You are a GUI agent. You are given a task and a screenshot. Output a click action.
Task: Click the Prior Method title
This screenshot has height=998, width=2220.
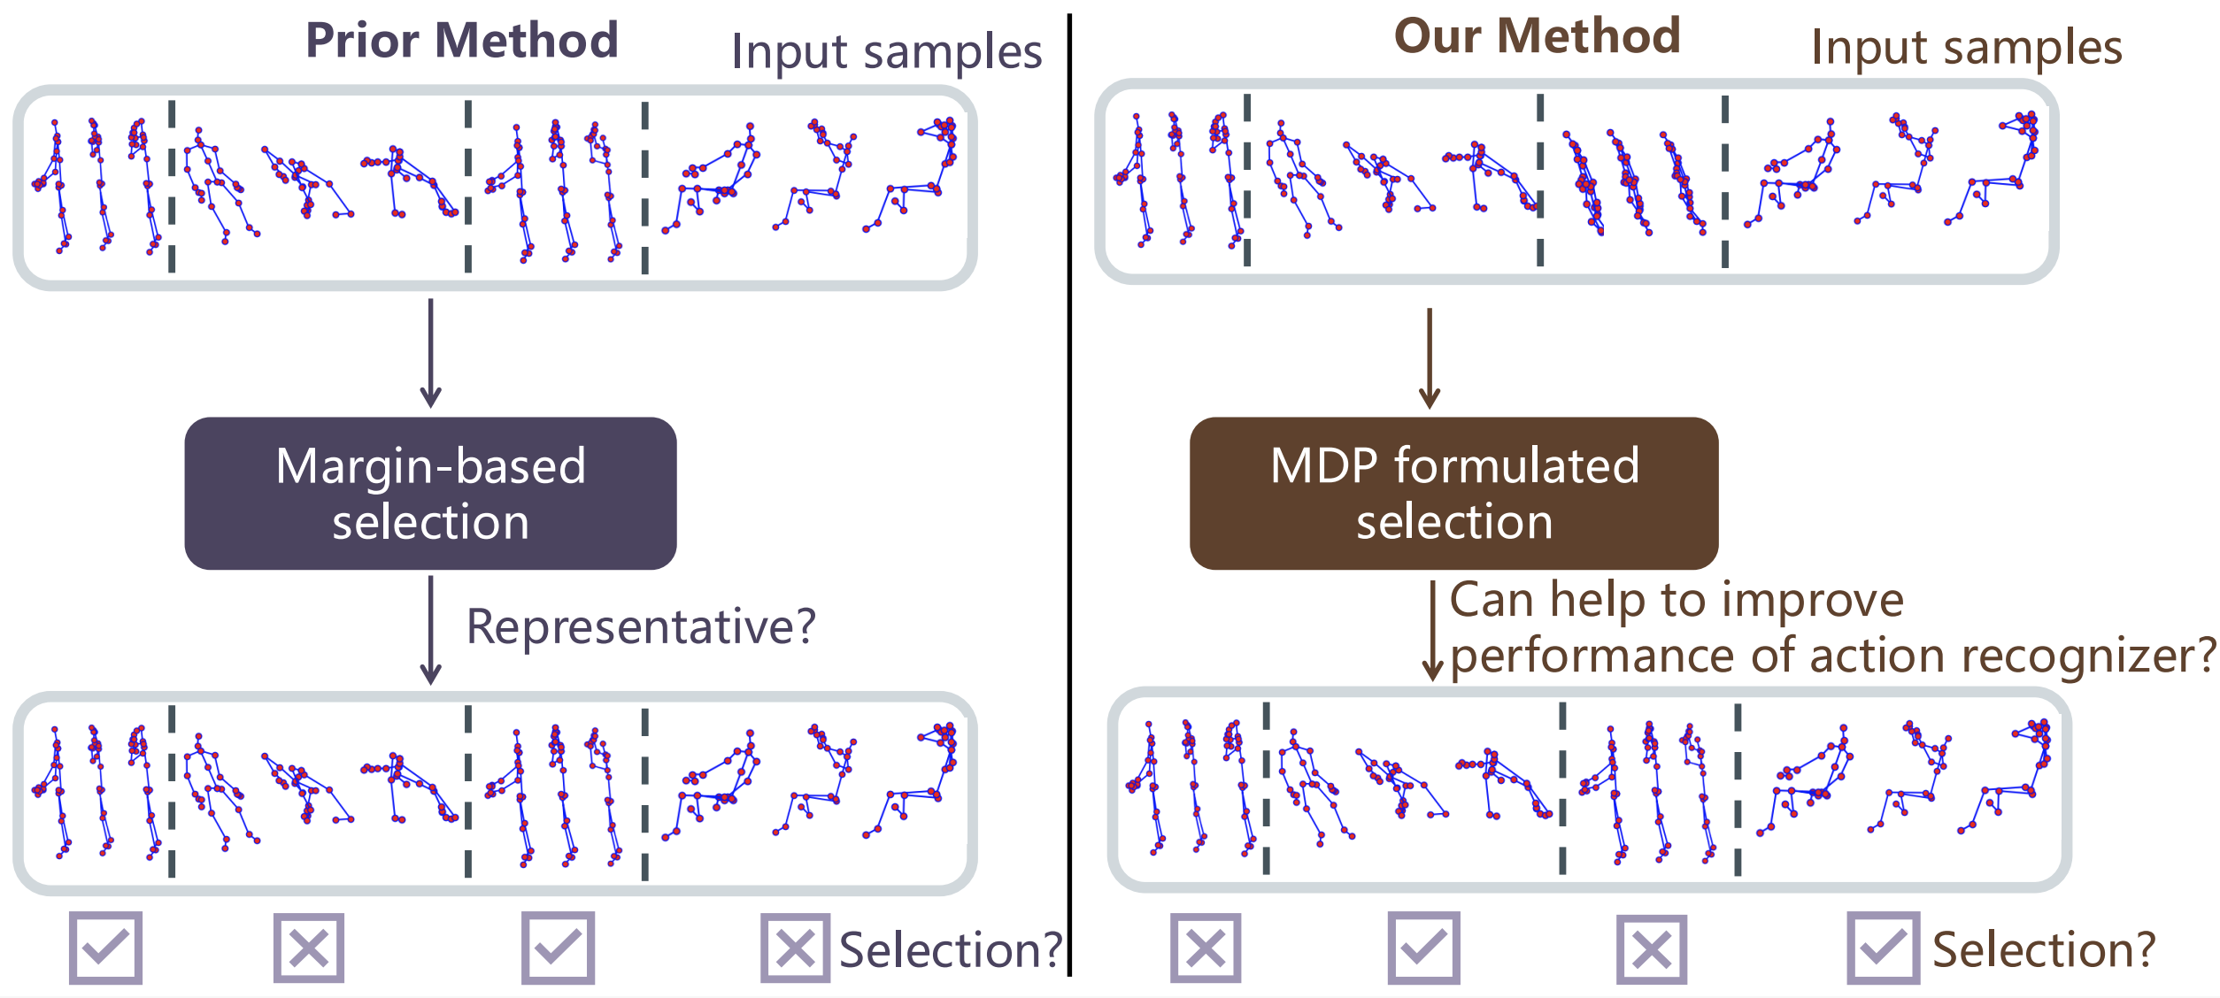(x=461, y=41)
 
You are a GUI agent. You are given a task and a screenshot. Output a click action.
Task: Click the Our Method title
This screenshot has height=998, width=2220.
(x=1537, y=37)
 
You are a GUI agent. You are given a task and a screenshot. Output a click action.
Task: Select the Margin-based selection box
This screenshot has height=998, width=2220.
(x=430, y=493)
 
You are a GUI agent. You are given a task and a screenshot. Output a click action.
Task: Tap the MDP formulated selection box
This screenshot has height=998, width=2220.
(x=1453, y=493)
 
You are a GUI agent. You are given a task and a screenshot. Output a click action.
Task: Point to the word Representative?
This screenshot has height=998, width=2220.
(x=641, y=626)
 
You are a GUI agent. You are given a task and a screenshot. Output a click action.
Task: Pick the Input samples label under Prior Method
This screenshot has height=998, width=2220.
(x=886, y=51)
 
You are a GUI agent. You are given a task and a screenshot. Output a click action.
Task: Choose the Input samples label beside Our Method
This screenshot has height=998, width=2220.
(x=1966, y=47)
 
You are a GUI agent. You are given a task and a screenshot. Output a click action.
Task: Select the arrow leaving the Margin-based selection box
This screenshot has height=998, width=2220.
(x=430, y=630)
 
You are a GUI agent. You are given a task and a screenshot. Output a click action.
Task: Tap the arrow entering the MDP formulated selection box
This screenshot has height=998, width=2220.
(x=1429, y=357)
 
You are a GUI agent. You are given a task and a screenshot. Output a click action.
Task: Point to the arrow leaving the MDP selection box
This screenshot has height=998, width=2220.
(x=1432, y=630)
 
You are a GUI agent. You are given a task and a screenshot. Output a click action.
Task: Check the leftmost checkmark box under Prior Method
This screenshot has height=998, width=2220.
(x=105, y=948)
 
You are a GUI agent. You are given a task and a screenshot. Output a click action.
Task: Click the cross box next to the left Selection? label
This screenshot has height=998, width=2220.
(x=795, y=948)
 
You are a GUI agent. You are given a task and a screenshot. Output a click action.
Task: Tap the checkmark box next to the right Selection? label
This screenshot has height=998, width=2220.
(x=1883, y=948)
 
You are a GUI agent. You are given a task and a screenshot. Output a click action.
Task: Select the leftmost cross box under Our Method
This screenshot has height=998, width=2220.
(x=1205, y=948)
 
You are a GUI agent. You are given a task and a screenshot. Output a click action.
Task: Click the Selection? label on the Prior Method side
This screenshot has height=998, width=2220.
(x=950, y=950)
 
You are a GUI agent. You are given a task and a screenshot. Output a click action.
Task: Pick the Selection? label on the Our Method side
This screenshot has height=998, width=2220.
(x=2043, y=950)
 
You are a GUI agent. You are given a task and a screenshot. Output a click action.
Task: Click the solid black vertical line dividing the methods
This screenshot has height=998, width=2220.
(x=1069, y=495)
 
